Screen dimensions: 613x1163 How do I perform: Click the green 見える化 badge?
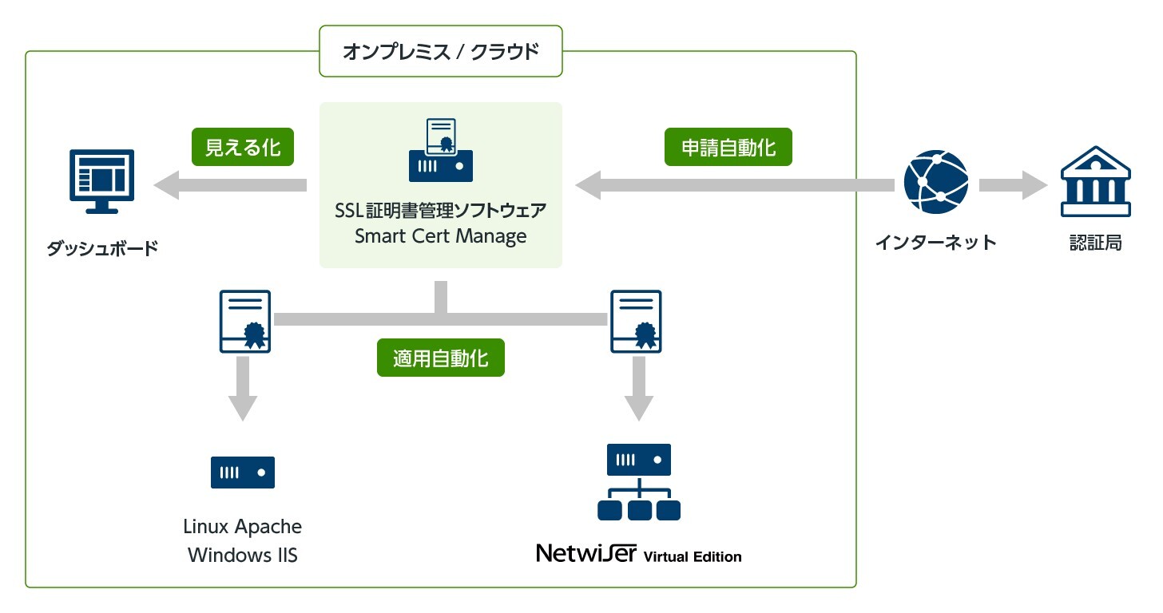pyautogui.click(x=243, y=147)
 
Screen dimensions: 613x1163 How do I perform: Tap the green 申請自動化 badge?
pyautogui.click(x=728, y=147)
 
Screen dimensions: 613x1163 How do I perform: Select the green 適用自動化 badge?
pyautogui.click(x=440, y=358)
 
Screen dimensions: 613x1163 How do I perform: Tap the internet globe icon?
pyautogui.click(x=935, y=181)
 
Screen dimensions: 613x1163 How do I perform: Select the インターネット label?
pyautogui.click(x=935, y=242)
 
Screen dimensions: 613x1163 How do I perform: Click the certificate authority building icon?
pyautogui.click(x=1095, y=181)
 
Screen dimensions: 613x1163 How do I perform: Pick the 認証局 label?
pyautogui.click(x=1095, y=242)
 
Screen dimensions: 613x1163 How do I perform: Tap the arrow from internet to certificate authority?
pyautogui.click(x=1012, y=186)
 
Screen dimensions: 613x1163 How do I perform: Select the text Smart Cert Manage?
pyautogui.click(x=440, y=236)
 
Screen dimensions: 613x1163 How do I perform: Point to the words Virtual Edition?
pyautogui.click(x=693, y=556)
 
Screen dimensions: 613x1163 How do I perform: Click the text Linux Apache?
pyautogui.click(x=243, y=527)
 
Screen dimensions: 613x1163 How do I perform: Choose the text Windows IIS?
pyautogui.click(x=243, y=555)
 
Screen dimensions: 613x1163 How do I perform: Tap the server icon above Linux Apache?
pyautogui.click(x=243, y=472)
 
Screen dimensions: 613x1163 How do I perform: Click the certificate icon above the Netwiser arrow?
pyautogui.click(x=637, y=321)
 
